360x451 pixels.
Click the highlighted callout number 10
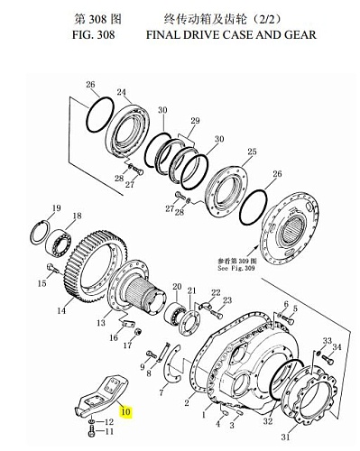(x=126, y=411)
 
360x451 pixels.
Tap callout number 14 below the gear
(x=61, y=310)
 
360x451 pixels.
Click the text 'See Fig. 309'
(x=235, y=268)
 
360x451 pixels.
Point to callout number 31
(x=285, y=437)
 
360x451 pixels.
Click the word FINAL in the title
(x=164, y=34)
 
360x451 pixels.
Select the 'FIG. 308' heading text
(x=94, y=34)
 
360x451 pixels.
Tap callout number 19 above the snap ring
(x=57, y=207)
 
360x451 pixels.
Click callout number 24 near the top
(x=122, y=92)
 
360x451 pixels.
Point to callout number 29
(x=195, y=121)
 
